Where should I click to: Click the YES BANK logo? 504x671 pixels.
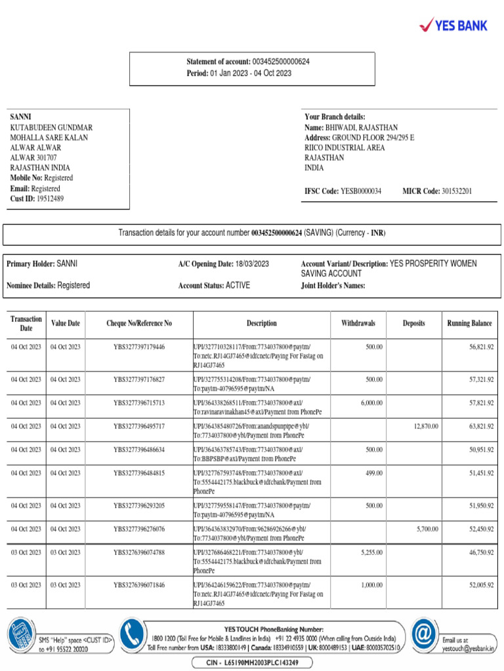(x=453, y=26)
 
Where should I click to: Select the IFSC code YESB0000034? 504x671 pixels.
(x=360, y=191)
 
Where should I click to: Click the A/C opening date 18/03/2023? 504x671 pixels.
(x=251, y=264)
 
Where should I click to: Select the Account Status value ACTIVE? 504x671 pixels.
(x=238, y=286)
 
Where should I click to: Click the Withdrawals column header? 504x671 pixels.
(x=358, y=324)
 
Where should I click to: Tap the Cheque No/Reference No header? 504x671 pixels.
(x=139, y=324)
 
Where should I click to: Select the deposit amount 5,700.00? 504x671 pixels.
(x=427, y=529)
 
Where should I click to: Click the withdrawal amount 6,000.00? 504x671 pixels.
(x=371, y=403)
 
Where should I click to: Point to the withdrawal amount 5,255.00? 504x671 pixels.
(x=371, y=552)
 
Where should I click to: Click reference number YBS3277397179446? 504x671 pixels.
(x=139, y=347)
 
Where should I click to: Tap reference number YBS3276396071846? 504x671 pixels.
(x=139, y=585)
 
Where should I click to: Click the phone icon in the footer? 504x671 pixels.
(x=133, y=635)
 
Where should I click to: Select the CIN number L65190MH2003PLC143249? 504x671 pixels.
(x=252, y=662)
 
